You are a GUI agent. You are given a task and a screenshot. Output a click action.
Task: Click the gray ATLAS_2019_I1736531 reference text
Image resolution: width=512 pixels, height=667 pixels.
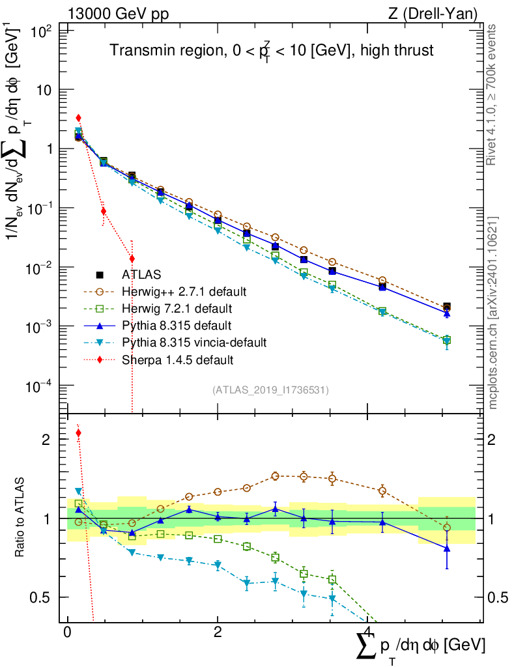pyautogui.click(x=270, y=390)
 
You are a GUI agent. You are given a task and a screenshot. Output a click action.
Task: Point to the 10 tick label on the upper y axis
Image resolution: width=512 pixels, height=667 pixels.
pyautogui.click(x=46, y=90)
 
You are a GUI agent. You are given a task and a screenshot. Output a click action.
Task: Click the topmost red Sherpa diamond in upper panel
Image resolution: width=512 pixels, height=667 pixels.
pyautogui.click(x=78, y=118)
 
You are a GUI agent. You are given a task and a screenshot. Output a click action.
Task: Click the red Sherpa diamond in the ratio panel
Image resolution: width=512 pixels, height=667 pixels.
pyautogui.click(x=78, y=433)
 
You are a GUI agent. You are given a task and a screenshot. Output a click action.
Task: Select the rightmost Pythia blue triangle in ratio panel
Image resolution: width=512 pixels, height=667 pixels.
pyautogui.click(x=446, y=548)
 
